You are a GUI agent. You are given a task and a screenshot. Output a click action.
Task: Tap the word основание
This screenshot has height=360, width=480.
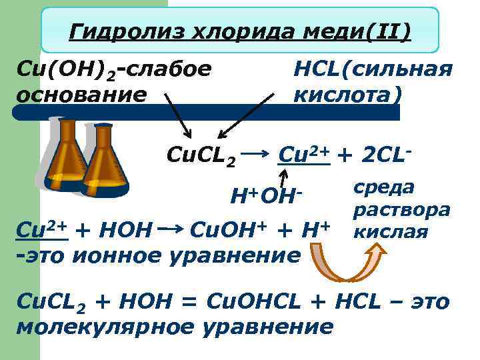[x=81, y=93]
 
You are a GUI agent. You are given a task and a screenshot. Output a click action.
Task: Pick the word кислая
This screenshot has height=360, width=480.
[x=390, y=232]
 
